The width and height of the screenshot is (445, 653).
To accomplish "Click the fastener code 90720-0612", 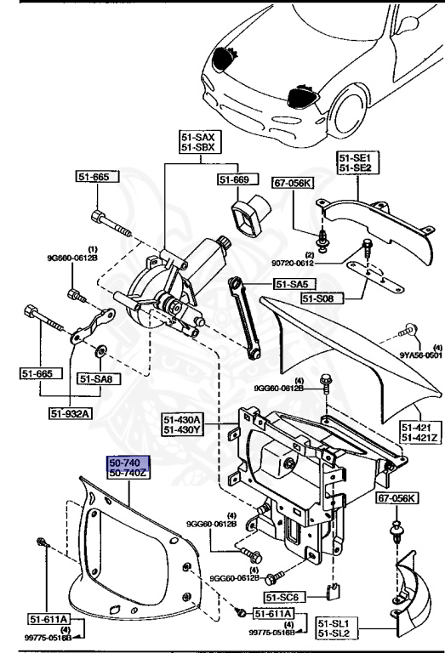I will coord(323,264).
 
